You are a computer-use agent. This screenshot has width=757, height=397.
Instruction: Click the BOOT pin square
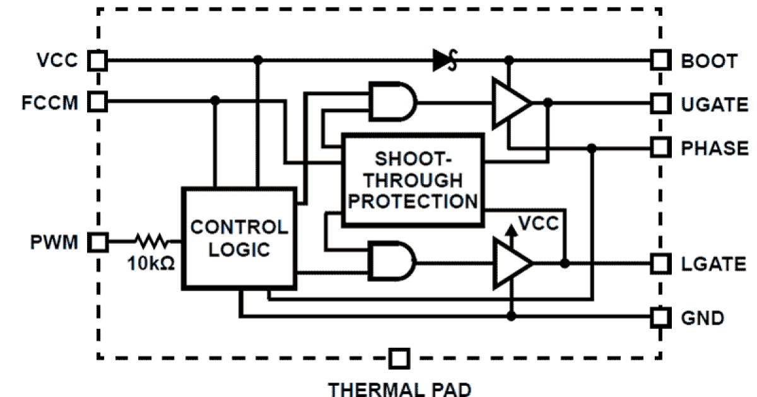[x=660, y=60]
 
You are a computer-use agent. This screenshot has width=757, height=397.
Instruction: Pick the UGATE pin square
[x=660, y=102]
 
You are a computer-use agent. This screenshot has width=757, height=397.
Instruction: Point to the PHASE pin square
[x=660, y=147]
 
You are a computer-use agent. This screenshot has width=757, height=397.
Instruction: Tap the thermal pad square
[x=399, y=359]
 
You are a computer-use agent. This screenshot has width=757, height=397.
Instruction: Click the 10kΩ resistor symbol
[x=150, y=241]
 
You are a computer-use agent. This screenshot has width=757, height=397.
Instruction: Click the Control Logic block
[x=239, y=238]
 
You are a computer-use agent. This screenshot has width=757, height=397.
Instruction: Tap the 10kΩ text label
[x=150, y=261]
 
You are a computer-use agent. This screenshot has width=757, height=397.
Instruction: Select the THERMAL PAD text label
[x=398, y=388]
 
